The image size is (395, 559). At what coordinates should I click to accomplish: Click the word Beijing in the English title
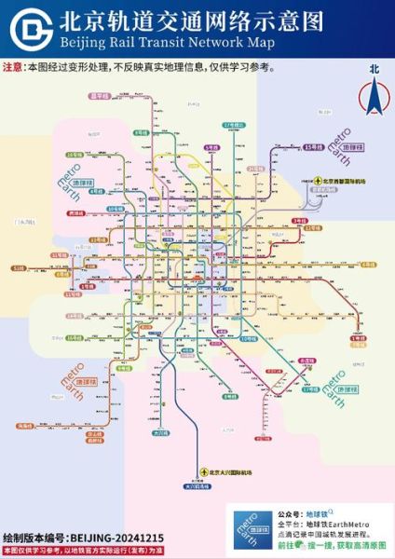tap(81, 43)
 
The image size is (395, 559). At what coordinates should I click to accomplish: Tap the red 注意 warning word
tap(14, 67)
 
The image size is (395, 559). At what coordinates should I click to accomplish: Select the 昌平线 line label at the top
tap(100, 96)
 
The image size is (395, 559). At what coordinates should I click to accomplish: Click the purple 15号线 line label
tap(315, 147)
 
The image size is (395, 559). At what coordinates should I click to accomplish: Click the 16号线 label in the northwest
tap(73, 154)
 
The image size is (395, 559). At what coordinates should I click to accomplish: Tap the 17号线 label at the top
tap(232, 125)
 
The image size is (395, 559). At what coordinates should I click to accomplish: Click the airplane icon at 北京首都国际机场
tap(317, 182)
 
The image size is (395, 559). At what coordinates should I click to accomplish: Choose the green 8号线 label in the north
tap(142, 133)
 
